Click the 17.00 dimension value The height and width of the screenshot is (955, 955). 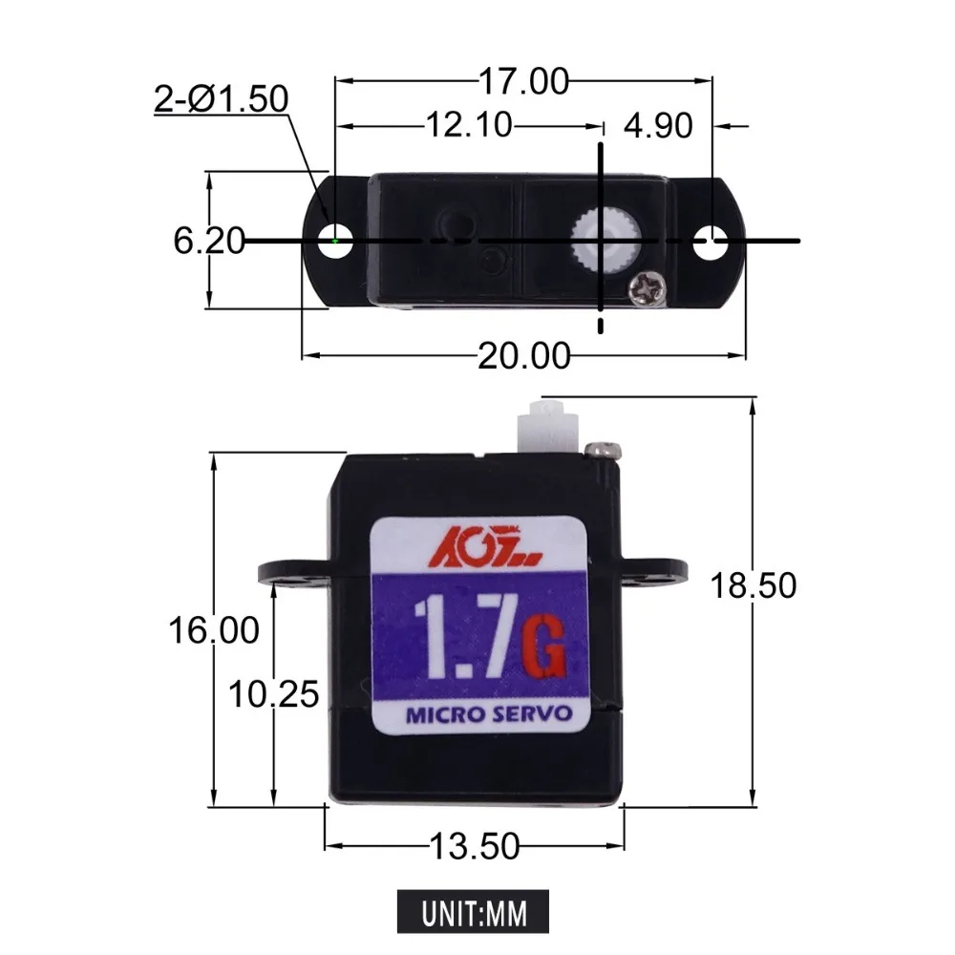click(x=523, y=83)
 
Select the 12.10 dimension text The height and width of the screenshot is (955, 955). click(x=467, y=124)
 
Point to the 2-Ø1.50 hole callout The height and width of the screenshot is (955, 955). click(x=222, y=98)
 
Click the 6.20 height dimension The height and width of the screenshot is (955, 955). click(x=208, y=242)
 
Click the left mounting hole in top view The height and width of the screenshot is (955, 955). click(x=336, y=241)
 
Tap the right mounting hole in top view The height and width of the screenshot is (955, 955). click(x=709, y=242)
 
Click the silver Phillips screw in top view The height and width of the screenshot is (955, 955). click(x=645, y=286)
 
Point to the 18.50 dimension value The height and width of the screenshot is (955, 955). click(x=753, y=584)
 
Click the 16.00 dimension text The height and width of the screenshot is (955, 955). click(x=214, y=630)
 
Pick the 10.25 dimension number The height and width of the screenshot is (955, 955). click(x=273, y=694)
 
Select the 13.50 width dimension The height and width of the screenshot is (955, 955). click(x=474, y=845)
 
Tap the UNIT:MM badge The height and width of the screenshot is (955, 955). click(x=475, y=909)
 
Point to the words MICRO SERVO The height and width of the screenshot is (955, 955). click(x=489, y=713)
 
